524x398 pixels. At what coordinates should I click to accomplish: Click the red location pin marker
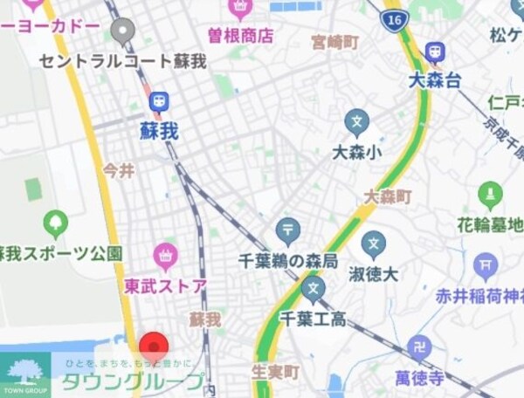click(x=154, y=345)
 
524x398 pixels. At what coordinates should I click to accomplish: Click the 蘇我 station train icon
click(x=159, y=102)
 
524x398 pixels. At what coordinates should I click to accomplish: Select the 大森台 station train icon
click(x=434, y=52)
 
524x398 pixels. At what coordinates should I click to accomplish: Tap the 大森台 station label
click(x=434, y=80)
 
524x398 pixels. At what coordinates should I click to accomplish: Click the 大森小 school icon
click(x=357, y=121)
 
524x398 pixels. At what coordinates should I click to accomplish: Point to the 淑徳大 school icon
click(x=374, y=244)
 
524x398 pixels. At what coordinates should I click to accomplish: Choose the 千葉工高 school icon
click(x=313, y=288)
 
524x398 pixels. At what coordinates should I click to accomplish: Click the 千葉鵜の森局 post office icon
click(x=287, y=230)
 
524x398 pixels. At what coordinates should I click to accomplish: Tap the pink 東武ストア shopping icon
click(x=165, y=256)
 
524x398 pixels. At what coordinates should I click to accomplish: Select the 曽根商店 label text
click(x=240, y=36)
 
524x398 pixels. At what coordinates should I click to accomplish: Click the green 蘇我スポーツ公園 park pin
click(x=56, y=223)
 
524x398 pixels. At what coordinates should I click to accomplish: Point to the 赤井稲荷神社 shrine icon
click(x=486, y=264)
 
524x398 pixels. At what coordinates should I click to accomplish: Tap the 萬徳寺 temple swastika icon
click(x=420, y=347)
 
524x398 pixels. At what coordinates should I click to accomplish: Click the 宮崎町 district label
click(x=336, y=41)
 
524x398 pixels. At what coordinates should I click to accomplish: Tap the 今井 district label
click(x=119, y=170)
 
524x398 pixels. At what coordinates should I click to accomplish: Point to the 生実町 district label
click(x=276, y=372)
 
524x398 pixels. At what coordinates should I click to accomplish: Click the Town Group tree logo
click(x=24, y=370)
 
